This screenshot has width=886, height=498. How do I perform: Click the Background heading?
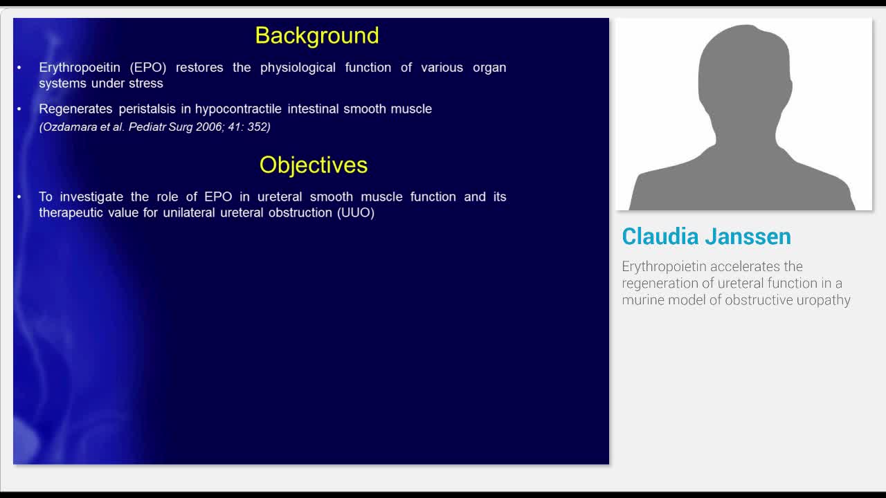coord(317,36)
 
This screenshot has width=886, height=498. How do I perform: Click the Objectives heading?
coord(314,165)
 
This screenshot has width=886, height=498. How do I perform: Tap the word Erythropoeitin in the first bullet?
coord(80,68)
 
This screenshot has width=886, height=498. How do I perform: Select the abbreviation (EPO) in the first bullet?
coord(148,68)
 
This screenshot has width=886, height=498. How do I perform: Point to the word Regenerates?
coord(75,109)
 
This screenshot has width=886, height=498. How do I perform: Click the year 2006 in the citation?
coord(209,127)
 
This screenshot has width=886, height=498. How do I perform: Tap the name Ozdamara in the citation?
coord(67,127)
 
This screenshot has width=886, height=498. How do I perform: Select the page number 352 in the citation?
coord(259,127)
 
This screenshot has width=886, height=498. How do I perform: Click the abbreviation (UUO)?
coord(356,212)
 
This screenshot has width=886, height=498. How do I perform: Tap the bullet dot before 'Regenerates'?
coord(19,109)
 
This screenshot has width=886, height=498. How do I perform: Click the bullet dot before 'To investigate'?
coord(19,196)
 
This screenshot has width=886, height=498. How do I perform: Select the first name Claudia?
coord(660,237)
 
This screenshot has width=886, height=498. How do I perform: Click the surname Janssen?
coord(748,237)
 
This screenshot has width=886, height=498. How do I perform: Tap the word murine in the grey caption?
coord(643,300)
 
